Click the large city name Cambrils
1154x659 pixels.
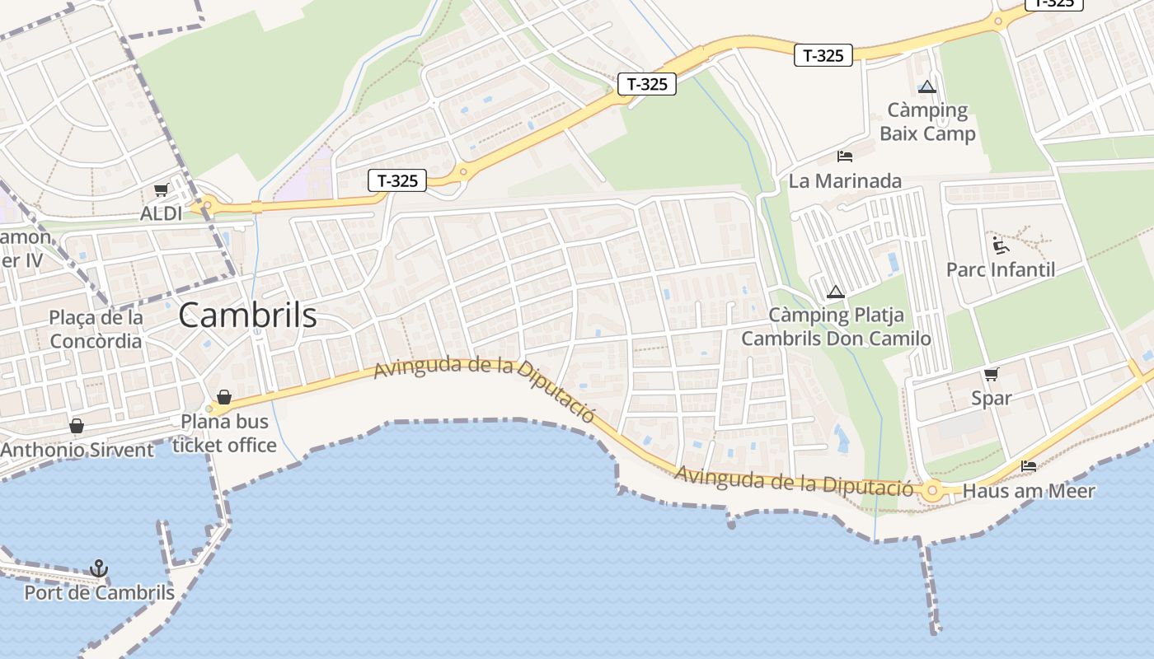pos(247,315)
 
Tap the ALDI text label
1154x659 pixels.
pos(162,213)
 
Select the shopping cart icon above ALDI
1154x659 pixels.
pos(161,190)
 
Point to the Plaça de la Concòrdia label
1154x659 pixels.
pos(96,329)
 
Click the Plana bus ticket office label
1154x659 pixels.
pos(224,433)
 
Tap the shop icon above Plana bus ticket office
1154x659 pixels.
pos(223,398)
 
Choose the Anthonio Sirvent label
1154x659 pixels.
pos(77,450)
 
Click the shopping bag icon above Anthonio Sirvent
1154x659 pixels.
pos(77,426)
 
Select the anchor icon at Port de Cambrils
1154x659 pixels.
pos(99,568)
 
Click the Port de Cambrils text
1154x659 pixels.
pos(99,592)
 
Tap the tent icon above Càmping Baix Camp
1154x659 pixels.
pos(927,86)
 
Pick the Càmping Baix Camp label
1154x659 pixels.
pos(927,121)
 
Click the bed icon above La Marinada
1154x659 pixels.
pos(845,157)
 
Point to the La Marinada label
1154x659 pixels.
pos(845,180)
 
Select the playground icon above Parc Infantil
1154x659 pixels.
pos(1001,245)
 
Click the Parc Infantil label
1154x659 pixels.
pos(1001,269)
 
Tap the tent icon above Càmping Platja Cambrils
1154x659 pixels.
pos(836,292)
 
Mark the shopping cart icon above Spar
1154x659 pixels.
pos(991,374)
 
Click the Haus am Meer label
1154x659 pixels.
pos(1029,491)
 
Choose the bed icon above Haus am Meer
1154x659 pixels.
pos(1029,466)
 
